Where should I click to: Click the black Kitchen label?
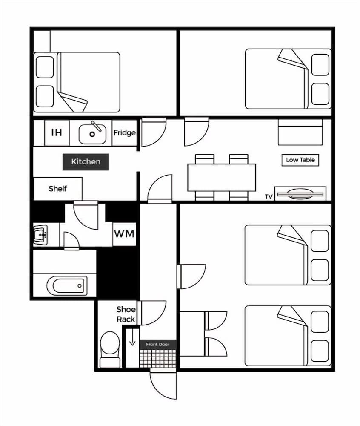tap(86, 162)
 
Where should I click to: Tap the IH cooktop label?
tap(57, 132)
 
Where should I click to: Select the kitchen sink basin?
tap(92, 134)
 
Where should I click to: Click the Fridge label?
tap(124, 133)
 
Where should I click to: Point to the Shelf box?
tap(58, 189)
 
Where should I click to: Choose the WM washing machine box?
tap(124, 234)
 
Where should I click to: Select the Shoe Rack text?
tap(126, 314)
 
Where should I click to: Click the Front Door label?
tap(157, 344)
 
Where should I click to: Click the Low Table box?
tap(300, 160)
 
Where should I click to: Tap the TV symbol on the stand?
tap(300, 194)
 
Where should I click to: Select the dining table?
tap(221, 177)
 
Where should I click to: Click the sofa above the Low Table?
tap(300, 132)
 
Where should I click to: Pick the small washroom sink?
tap(41, 234)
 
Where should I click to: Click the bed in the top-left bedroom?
tap(77, 82)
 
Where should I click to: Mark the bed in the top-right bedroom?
tap(288, 79)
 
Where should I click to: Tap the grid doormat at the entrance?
tap(157, 357)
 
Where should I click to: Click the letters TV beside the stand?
tap(269, 197)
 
